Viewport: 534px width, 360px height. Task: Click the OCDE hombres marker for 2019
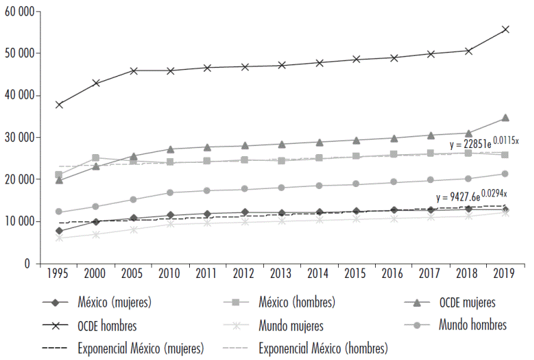tap(505, 30)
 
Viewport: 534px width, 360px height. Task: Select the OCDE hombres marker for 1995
tap(59, 104)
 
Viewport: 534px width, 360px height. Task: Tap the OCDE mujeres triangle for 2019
tap(505, 118)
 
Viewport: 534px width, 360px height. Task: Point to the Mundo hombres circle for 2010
tap(170, 192)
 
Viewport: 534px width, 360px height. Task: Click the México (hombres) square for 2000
tap(96, 158)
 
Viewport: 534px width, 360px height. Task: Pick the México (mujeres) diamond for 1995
tap(59, 231)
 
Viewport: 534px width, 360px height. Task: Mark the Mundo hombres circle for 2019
tap(505, 174)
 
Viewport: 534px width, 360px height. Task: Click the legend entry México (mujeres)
tap(114, 303)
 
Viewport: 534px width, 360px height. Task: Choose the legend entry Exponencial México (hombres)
tap(323, 349)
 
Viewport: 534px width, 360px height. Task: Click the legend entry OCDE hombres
tap(107, 326)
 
